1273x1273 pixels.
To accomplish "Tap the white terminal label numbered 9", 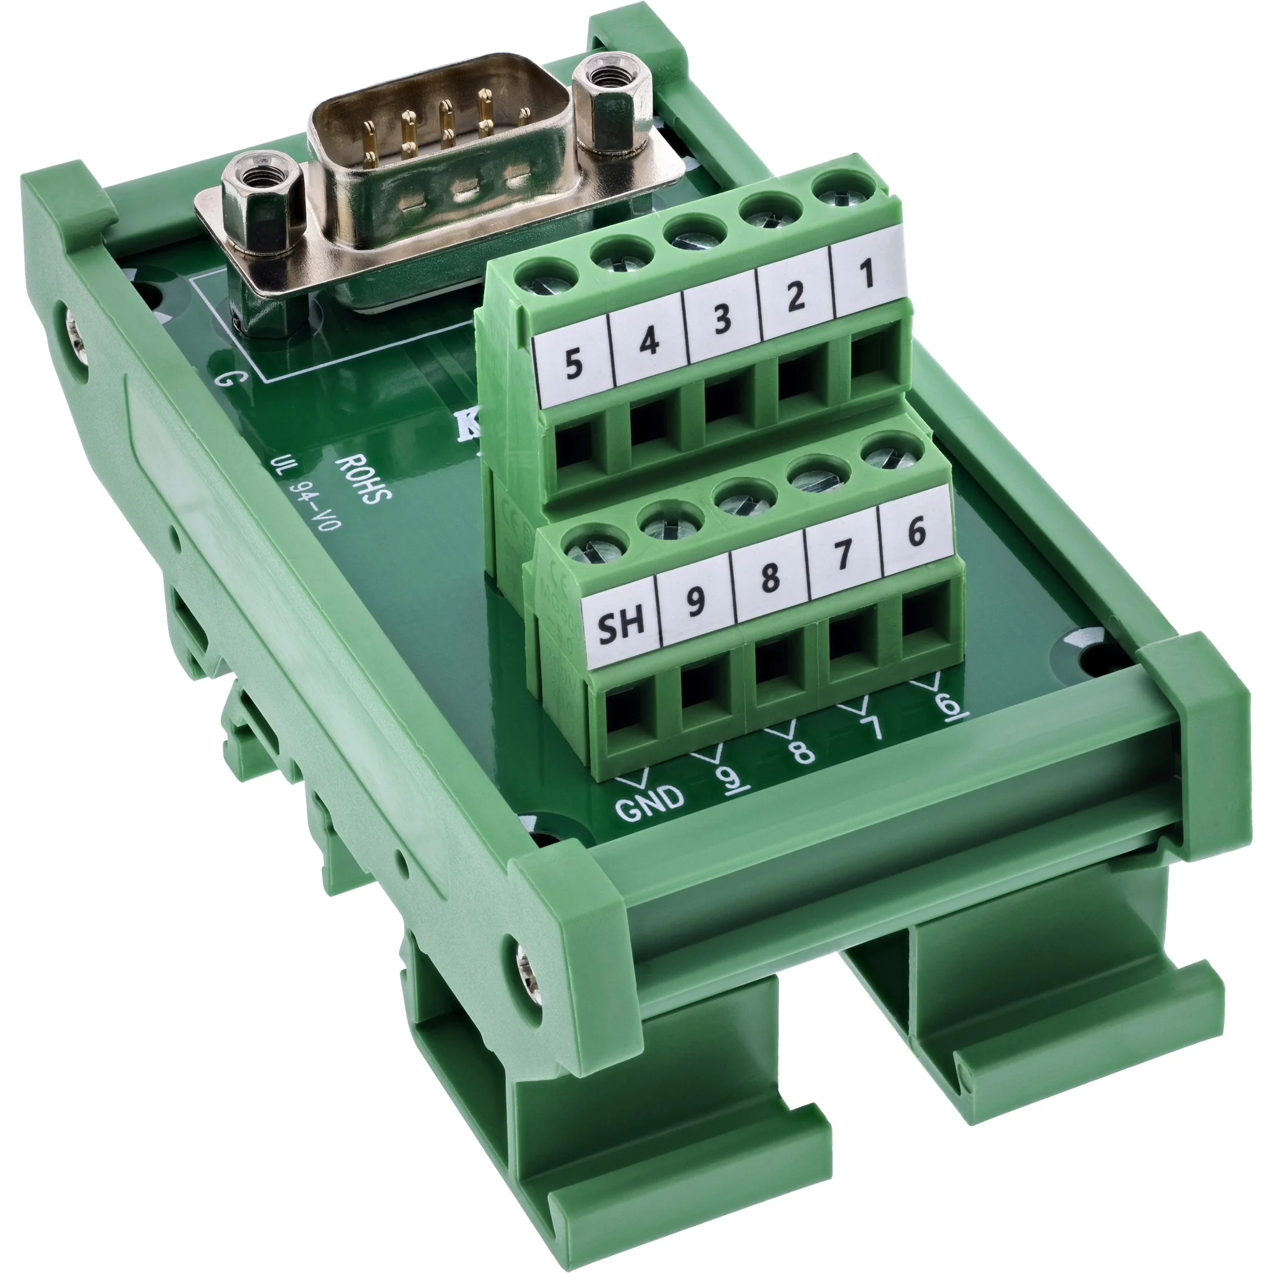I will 696,600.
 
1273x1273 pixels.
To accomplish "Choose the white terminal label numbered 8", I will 770,578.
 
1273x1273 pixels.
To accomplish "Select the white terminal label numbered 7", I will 844,554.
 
